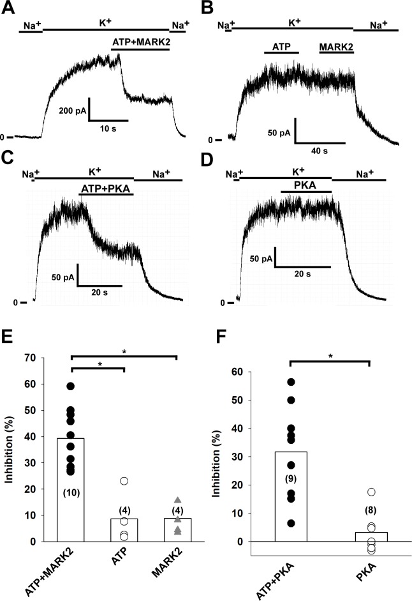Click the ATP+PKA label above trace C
coord(107,190)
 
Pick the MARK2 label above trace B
coord(335,47)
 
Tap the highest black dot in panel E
coord(71,386)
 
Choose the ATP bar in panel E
coord(124,529)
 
